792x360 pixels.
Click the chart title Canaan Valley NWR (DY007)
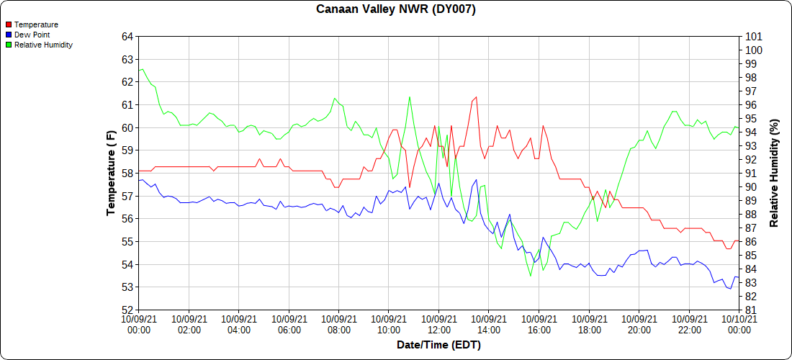[x=396, y=9]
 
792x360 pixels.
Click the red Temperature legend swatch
[x=9, y=24]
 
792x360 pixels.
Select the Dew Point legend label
[x=32, y=35]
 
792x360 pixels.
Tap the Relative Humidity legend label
[x=43, y=45]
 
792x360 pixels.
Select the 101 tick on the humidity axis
[x=753, y=37]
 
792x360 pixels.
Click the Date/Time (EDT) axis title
[x=438, y=345]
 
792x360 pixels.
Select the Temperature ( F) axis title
[x=111, y=174]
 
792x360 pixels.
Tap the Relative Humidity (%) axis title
[x=774, y=174]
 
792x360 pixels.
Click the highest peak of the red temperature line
[x=477, y=96]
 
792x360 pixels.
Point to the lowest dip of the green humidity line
[x=531, y=276]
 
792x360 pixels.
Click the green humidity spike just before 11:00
[x=409, y=96]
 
